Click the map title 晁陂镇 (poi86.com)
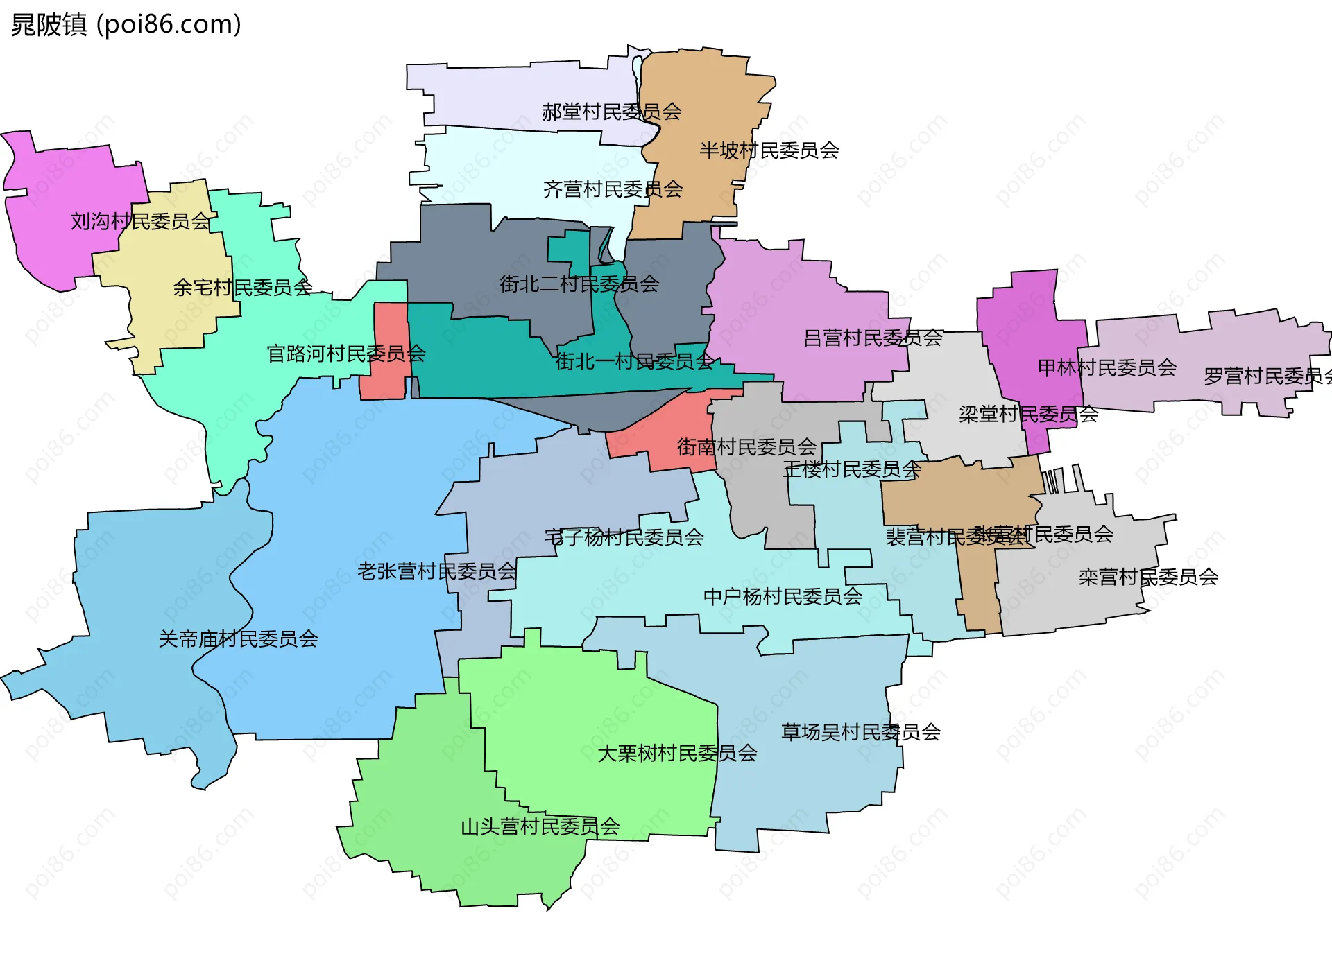click(126, 24)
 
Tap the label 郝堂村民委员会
click(611, 112)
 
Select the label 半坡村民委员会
click(769, 150)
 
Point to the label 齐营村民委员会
click(613, 189)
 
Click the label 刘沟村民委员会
click(140, 222)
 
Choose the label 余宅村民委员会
click(242, 287)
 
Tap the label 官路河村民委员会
click(345, 354)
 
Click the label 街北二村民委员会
click(579, 284)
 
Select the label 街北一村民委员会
click(633, 361)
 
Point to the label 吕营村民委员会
click(872, 338)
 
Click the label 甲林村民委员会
click(1107, 367)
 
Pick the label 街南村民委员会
click(746, 447)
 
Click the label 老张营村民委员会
click(436, 571)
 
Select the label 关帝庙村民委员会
click(238, 639)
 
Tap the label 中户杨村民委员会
click(782, 597)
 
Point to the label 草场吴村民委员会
click(860, 732)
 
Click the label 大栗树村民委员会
click(676, 754)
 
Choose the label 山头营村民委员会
click(540, 826)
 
